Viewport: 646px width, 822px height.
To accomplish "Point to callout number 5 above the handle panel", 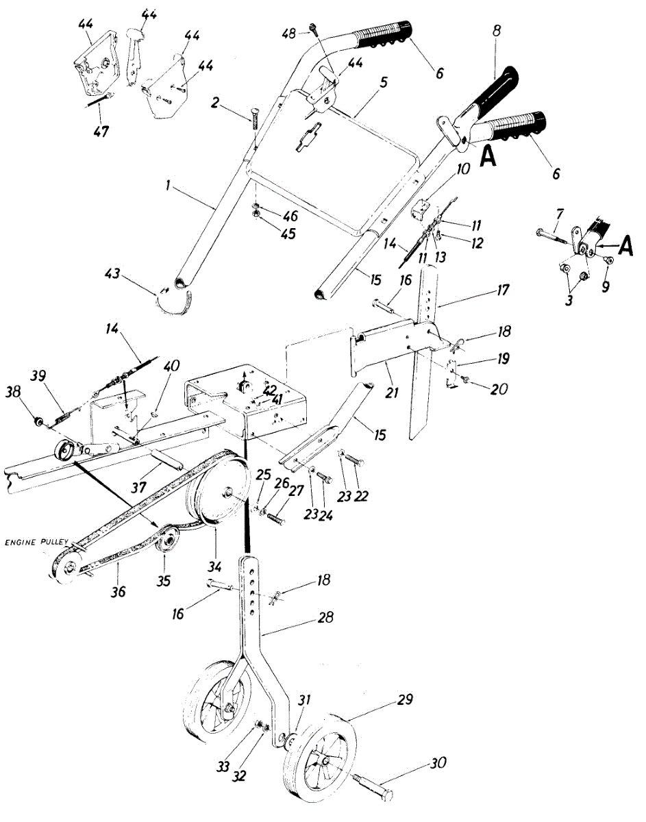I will coord(384,82).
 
